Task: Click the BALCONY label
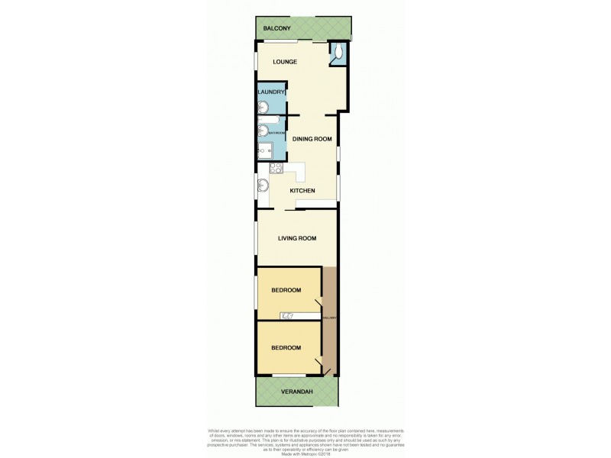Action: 276,28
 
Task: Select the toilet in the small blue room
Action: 338,53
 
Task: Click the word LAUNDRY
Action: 271,92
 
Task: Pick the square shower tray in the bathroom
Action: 265,151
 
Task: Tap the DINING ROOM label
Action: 312,139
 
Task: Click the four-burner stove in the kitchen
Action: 275,167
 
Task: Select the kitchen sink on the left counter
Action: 263,185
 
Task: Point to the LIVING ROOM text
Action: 297,238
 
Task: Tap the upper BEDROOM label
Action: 286,290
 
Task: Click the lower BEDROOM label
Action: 286,347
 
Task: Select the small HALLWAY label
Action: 329,318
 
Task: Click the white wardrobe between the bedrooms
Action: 298,316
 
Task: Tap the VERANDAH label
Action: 296,392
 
